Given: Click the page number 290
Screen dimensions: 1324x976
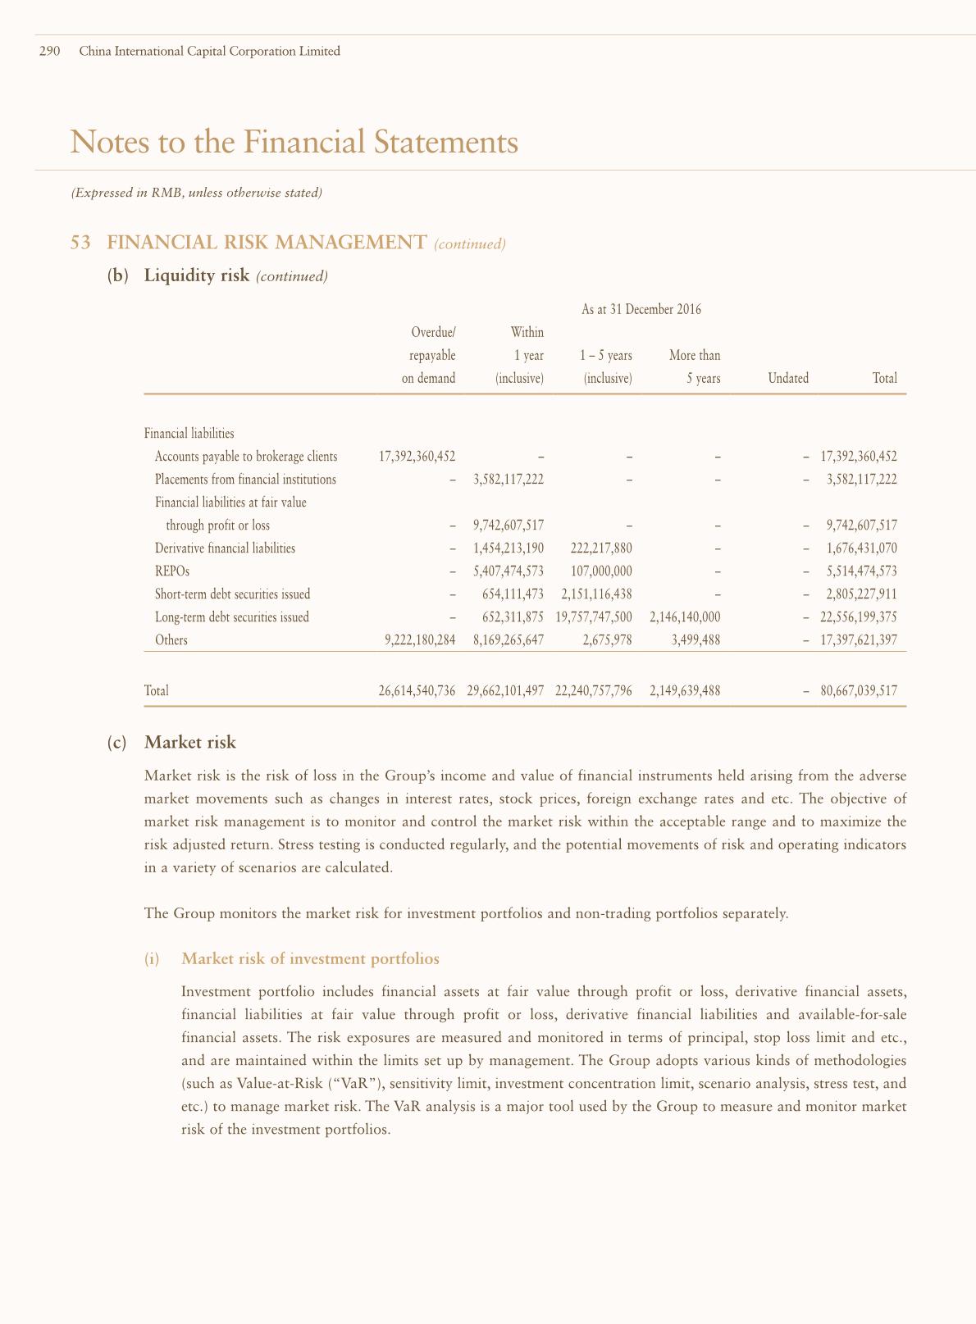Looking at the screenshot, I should (x=50, y=52).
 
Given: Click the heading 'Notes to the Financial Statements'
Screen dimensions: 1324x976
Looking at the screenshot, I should (x=294, y=142).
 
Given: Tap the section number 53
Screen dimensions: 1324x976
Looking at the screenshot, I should (x=80, y=243).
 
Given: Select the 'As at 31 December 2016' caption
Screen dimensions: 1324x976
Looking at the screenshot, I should (x=641, y=309).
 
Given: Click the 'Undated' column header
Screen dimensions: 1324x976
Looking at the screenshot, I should (x=788, y=378).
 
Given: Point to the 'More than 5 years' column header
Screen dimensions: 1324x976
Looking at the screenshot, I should (x=695, y=366).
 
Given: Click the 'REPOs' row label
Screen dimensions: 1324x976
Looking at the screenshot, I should (x=166, y=571).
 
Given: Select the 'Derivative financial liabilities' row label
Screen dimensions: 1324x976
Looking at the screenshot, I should (x=225, y=548).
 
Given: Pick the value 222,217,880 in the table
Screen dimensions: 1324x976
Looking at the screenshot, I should (x=600, y=548).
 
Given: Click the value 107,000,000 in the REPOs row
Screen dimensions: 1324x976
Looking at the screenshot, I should (x=600, y=571).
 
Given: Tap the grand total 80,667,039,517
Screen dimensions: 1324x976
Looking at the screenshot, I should (x=858, y=691).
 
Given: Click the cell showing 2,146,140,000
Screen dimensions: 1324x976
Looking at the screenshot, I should (x=684, y=617).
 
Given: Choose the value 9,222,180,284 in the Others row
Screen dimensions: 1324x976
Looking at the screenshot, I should (x=419, y=639).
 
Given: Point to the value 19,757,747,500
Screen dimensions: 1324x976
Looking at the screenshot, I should (x=594, y=617).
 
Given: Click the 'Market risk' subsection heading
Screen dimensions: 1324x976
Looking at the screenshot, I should (x=189, y=743).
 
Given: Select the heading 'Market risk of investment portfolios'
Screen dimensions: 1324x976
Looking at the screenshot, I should (x=310, y=958).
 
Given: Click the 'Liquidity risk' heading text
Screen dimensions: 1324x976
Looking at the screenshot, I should (x=196, y=275).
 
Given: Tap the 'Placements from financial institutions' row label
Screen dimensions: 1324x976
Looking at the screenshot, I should (x=245, y=479).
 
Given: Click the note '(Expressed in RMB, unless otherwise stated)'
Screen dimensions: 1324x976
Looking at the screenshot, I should (x=196, y=193).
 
